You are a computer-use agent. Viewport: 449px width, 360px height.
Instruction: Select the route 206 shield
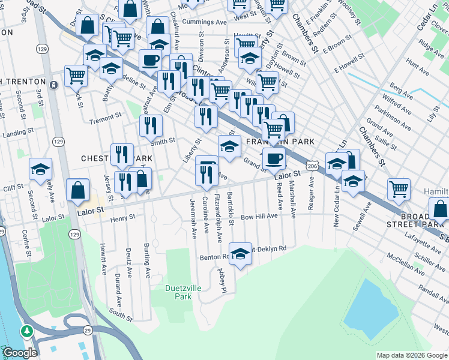[312, 164]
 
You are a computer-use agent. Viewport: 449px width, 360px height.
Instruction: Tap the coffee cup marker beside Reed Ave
[274, 158]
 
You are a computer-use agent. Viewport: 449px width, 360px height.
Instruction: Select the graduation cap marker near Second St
[40, 169]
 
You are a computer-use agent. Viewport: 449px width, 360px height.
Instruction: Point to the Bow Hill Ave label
[259, 216]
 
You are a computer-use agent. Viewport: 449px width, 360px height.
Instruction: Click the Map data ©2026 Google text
[411, 355]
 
